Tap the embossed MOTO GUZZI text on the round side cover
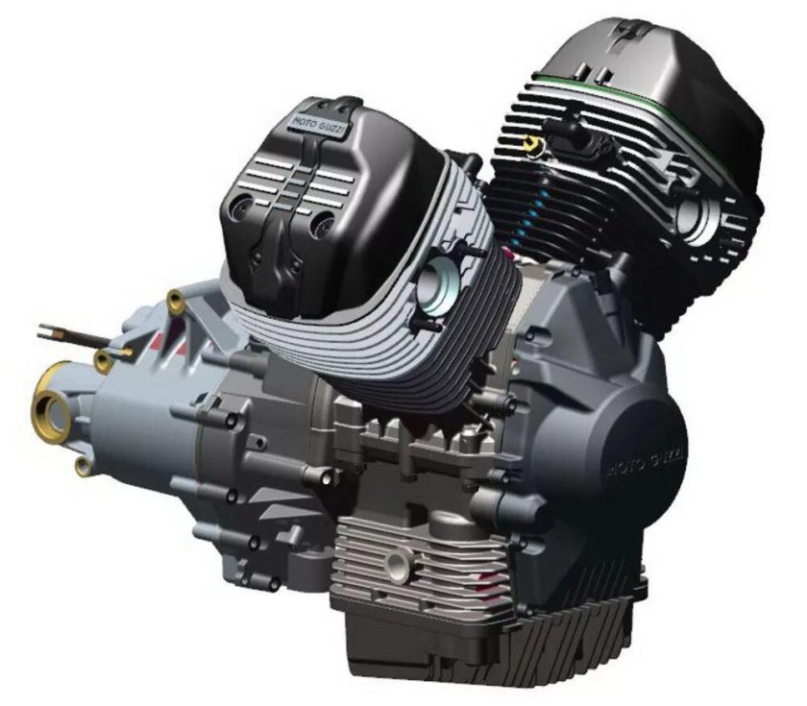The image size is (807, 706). pyautogui.click(x=648, y=462)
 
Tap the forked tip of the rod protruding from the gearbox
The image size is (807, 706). pyautogui.click(x=45, y=333)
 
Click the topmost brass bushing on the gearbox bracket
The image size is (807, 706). pyautogui.click(x=176, y=301)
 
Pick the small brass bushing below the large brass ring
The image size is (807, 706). pyautogui.click(x=83, y=467)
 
